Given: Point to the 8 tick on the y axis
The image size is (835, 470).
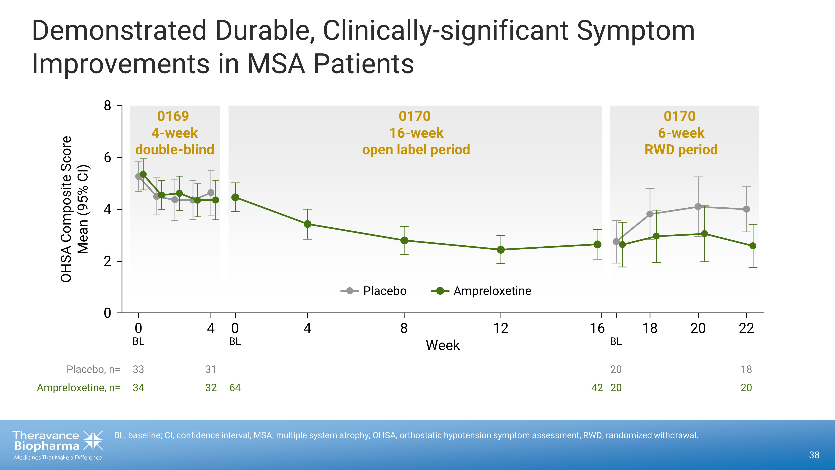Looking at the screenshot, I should point(108,106).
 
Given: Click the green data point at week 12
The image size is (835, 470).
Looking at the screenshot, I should point(501,249).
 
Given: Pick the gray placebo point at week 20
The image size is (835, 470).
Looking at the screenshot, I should point(698,207).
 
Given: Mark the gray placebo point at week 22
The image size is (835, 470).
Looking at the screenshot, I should point(746,209).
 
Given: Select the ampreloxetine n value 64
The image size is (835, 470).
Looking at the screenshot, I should point(235,388).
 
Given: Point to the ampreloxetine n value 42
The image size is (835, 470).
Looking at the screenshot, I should point(597,388).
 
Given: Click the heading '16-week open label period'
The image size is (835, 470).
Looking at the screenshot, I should point(416,141).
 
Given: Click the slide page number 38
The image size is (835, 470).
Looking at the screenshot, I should point(814,455).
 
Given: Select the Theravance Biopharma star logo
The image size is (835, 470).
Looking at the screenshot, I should point(93,441).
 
